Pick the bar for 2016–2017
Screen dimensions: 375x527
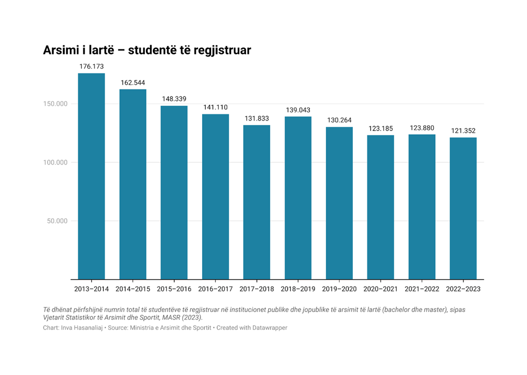point(215,197)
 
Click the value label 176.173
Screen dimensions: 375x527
point(91,67)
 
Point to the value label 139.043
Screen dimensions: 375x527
point(298,110)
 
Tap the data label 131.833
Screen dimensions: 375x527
point(257,119)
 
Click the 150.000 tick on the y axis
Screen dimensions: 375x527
point(55,104)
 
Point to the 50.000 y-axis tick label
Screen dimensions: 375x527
point(57,221)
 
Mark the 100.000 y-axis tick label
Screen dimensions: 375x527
point(55,163)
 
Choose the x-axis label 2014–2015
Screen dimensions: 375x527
point(133,289)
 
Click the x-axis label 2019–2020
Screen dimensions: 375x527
point(339,289)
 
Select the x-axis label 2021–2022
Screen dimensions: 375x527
point(422,289)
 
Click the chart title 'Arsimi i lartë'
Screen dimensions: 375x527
point(78,50)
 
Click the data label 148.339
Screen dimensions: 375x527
point(174,99)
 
